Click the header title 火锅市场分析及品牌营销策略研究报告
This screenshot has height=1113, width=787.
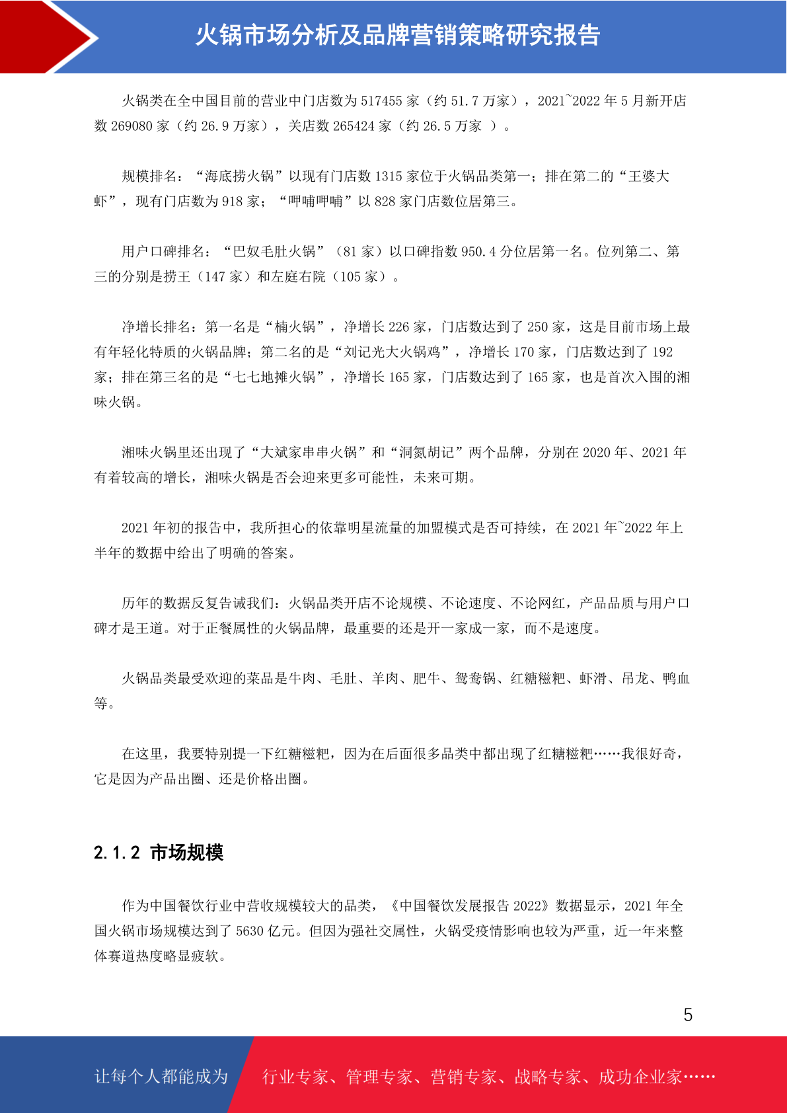397,35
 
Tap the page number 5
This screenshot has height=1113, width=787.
688,1015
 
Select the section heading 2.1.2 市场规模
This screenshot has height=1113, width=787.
159,853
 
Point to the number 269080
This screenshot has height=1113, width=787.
131,126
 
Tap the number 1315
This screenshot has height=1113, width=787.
389,176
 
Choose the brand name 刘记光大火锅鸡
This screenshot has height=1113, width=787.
393,352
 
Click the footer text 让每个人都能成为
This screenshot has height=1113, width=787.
161,1077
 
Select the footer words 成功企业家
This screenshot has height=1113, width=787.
640,1077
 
